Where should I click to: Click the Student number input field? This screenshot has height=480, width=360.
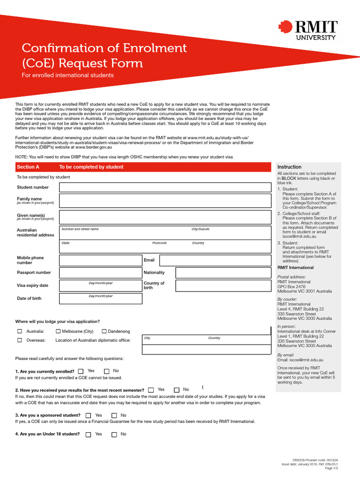coord(165,187)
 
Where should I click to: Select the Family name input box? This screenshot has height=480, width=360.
coord(165,201)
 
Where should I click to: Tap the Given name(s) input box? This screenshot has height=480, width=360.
coord(165,217)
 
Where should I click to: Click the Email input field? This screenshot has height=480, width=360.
coord(215,260)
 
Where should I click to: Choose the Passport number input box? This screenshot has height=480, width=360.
coord(100,273)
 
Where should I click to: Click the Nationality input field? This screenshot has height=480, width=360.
coord(223,273)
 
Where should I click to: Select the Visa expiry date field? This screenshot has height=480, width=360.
coord(100,285)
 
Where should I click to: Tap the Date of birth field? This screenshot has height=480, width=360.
coord(100,299)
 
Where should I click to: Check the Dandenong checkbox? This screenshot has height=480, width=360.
coord(105,331)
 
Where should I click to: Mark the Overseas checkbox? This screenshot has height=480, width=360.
coord(20,340)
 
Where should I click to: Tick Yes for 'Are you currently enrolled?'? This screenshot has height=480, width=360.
coord(81,371)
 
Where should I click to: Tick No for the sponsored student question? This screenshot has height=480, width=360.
coord(114,415)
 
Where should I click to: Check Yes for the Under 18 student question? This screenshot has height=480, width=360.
coord(89,435)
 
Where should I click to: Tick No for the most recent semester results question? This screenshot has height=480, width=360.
coord(177,390)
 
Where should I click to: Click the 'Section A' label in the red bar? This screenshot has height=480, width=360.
coord(28,167)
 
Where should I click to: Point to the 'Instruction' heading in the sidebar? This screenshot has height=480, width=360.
coord(289,167)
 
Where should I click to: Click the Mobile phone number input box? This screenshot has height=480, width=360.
coord(100,260)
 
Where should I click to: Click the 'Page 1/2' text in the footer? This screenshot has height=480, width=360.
coord(331,468)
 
